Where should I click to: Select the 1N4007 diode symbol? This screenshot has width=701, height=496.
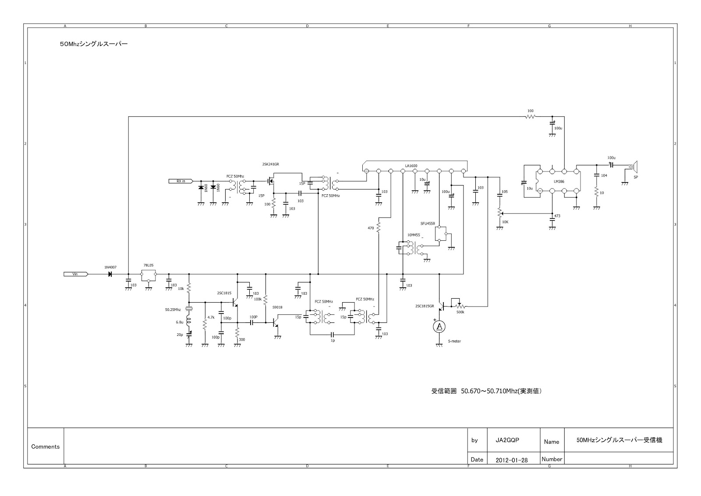[110, 274]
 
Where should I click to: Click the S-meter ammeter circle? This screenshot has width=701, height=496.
[439, 326]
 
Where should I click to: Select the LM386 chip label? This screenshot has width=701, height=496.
[559, 181]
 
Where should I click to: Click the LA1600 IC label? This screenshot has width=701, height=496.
[411, 166]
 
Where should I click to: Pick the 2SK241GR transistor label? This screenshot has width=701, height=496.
[270, 164]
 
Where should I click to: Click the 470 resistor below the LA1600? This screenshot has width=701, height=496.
[379, 228]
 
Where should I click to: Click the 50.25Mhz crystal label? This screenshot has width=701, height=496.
[173, 310]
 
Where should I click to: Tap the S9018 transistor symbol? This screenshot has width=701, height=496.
[276, 323]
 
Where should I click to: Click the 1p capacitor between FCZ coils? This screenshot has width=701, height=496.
[333, 335]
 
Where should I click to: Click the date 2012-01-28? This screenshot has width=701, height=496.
[511, 460]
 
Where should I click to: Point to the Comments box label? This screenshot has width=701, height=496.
[45, 446]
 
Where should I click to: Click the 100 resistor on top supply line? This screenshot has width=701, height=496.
[530, 117]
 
